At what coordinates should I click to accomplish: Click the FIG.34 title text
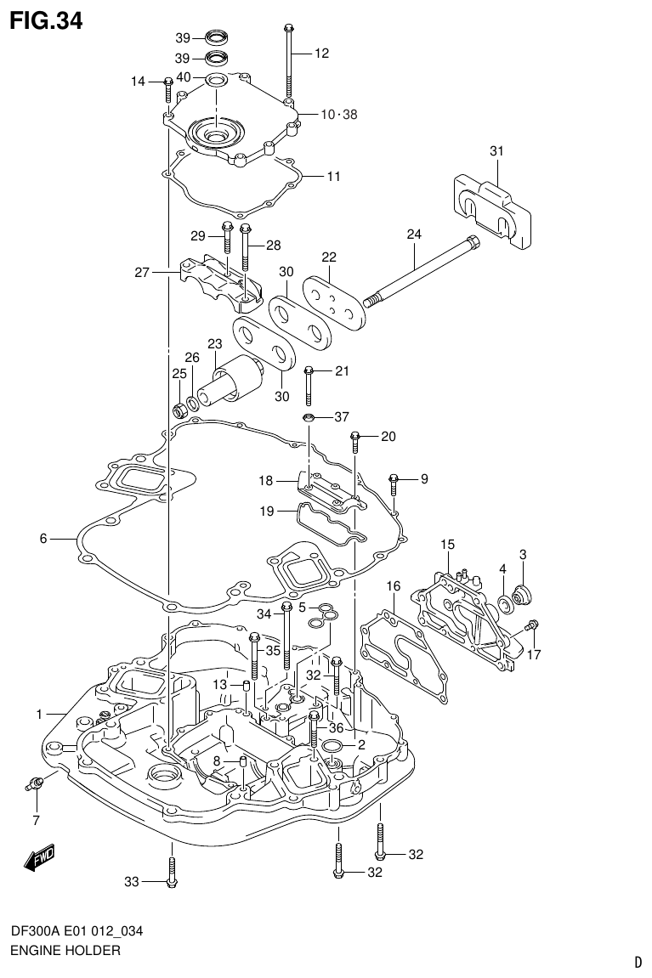click(46, 20)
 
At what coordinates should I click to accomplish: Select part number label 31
click(496, 151)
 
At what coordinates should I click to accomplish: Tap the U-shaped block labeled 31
click(491, 208)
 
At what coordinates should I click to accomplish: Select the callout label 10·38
click(338, 115)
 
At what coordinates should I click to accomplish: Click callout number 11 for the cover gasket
click(333, 177)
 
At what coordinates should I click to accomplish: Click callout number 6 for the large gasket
click(43, 538)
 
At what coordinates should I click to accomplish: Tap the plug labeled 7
click(34, 783)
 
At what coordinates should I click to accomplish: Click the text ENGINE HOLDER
click(65, 950)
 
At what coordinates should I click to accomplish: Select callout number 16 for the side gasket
click(393, 586)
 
